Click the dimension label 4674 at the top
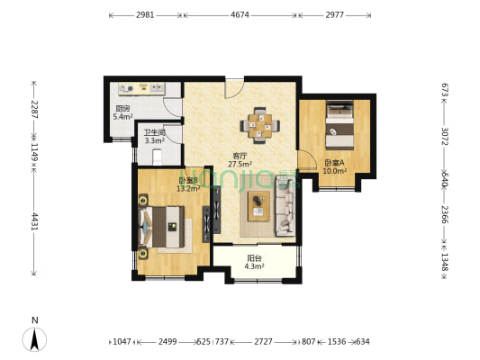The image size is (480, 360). [240, 14]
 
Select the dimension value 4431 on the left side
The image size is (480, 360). [35, 221]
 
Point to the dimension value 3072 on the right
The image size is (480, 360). [444, 138]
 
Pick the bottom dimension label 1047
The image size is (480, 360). [122, 342]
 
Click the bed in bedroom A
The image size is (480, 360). [340, 126]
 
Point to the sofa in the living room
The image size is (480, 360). [286, 207]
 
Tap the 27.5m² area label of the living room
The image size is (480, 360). [240, 165]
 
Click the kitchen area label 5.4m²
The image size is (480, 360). [122, 117]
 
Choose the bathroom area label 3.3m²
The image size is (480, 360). [154, 140]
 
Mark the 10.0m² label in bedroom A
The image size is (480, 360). [334, 170]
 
